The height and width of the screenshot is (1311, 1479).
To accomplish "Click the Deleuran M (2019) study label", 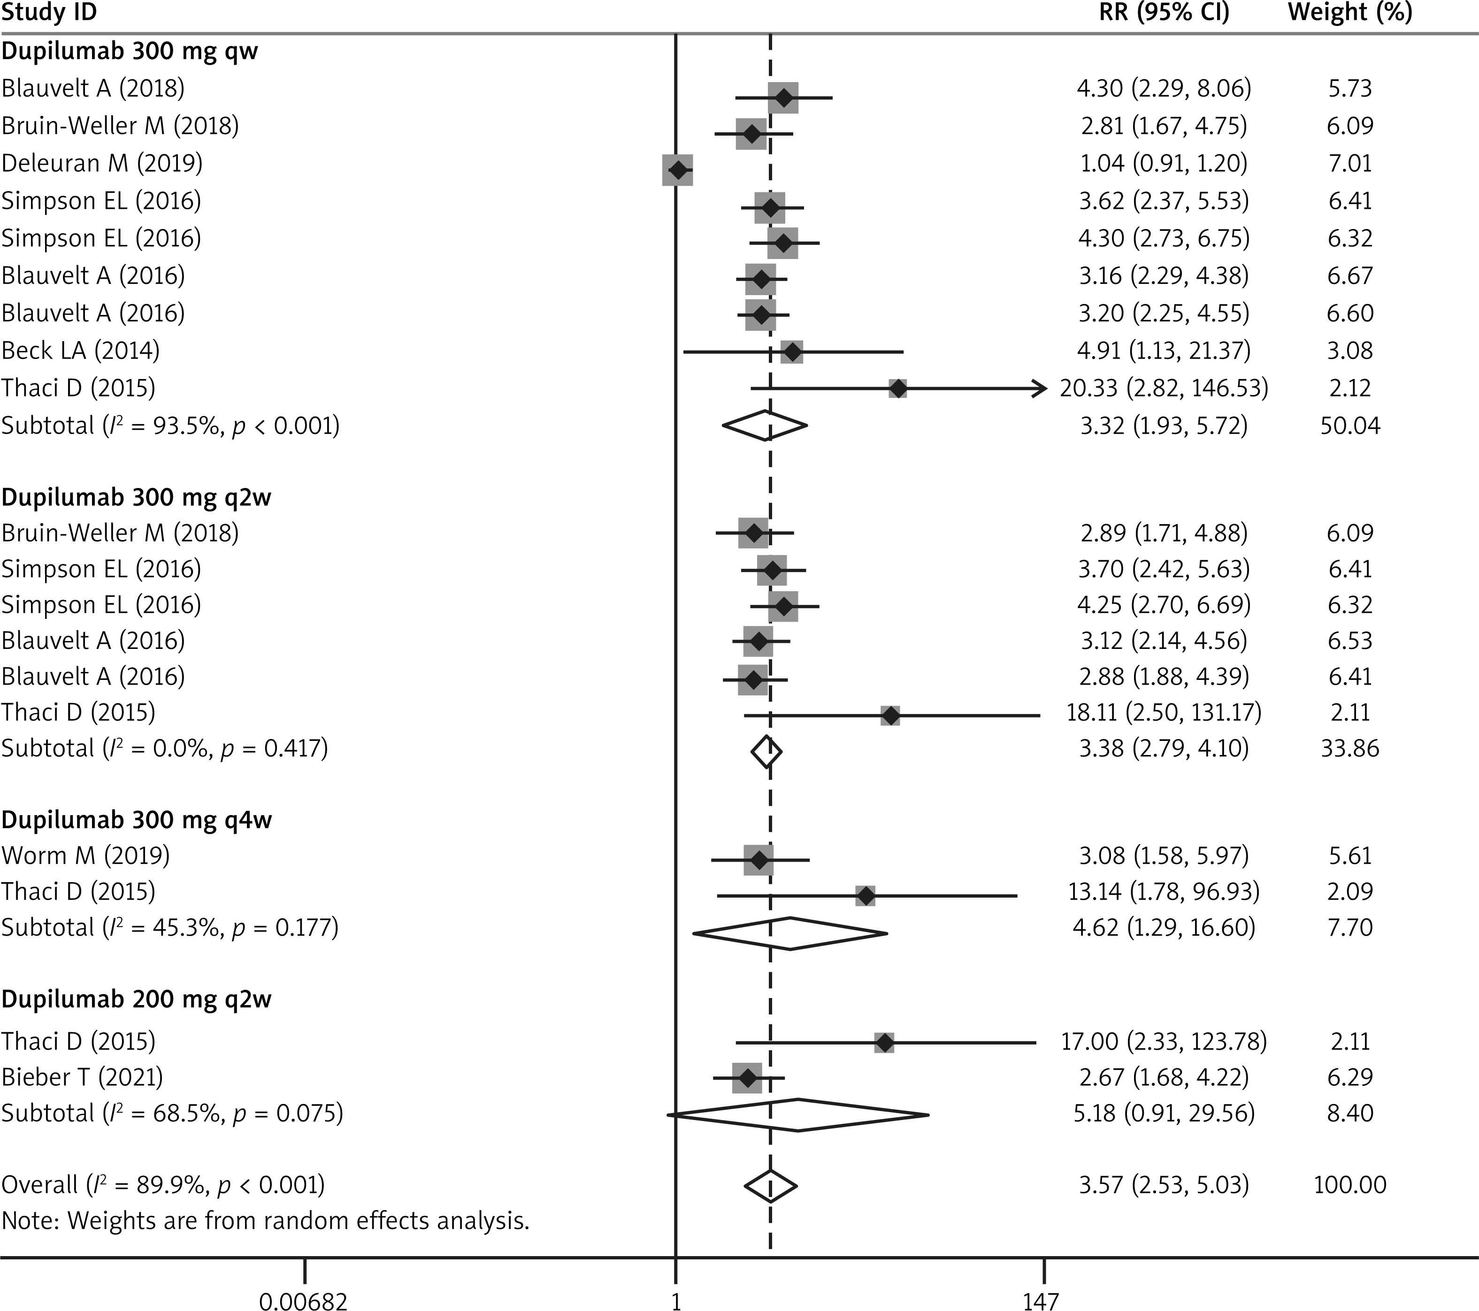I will [x=102, y=163].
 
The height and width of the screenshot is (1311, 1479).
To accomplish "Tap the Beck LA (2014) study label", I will [x=80, y=351].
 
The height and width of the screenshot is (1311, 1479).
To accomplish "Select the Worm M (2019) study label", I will [x=85, y=855].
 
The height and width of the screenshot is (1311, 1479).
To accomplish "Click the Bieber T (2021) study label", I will [x=82, y=1077].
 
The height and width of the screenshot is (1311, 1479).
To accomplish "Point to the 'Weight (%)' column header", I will [x=1349, y=13].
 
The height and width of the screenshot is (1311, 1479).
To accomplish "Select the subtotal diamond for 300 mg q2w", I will [x=766, y=753].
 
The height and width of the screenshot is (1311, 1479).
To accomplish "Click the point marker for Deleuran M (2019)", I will [x=678, y=170].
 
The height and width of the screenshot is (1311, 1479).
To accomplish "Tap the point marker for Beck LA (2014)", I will [x=793, y=352].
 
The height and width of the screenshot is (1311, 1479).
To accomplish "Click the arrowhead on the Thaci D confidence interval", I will [x=1039, y=389].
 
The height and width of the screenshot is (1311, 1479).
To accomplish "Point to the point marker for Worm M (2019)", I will [x=759, y=860].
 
